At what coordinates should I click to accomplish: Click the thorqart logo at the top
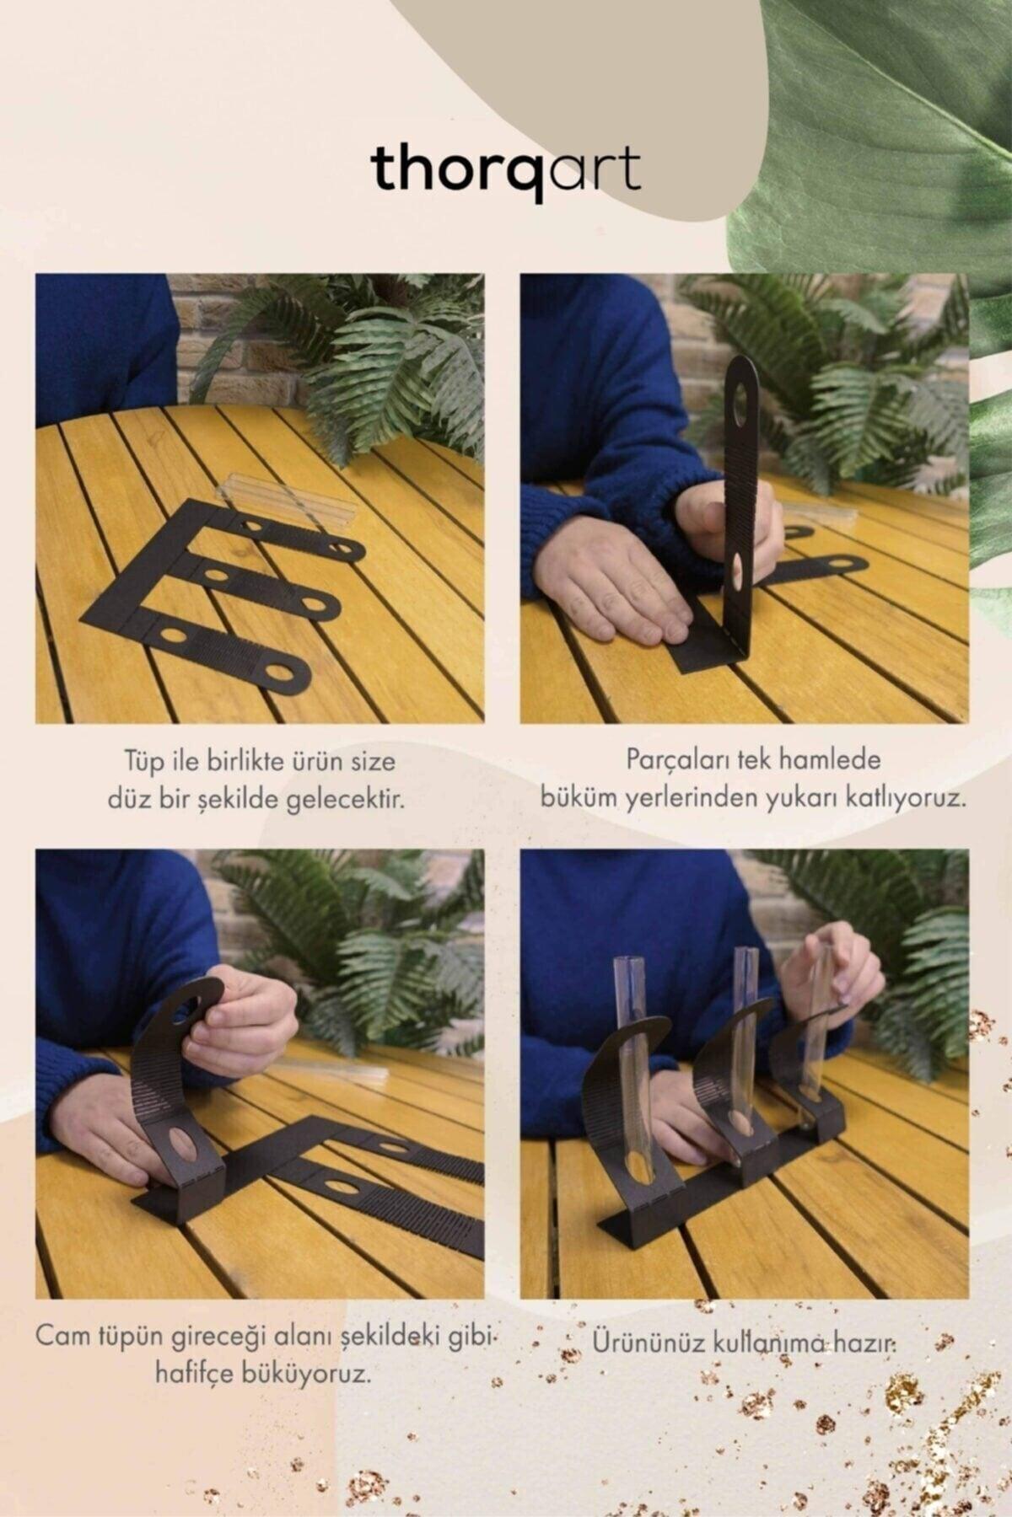tap(505, 171)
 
